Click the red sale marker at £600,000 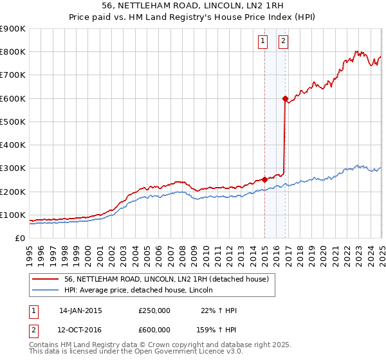285,98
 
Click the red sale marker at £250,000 264,180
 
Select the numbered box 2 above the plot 283,42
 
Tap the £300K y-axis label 13,168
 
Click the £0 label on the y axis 21,239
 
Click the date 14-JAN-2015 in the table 80,310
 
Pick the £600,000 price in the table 154,329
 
